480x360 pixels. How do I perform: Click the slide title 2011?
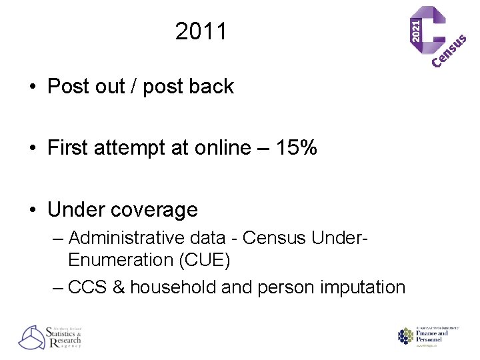pyautogui.click(x=201, y=31)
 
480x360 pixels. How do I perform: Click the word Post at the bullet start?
pyautogui.click(x=69, y=87)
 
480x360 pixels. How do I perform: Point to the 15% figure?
pyautogui.click(x=295, y=147)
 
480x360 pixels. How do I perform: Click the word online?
pyautogui.click(x=225, y=147)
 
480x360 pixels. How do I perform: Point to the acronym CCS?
pyautogui.click(x=87, y=287)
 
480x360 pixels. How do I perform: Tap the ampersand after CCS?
pyautogui.click(x=119, y=287)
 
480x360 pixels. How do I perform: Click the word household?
pyautogui.click(x=169, y=287)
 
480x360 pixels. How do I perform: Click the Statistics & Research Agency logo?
pyautogui.click(x=49, y=337)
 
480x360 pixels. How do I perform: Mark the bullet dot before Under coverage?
pyautogui.click(x=32, y=211)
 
